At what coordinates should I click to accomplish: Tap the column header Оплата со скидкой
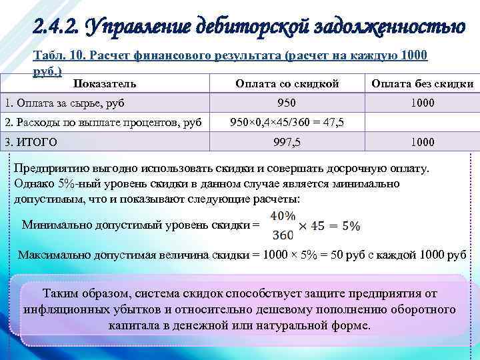[x=288, y=83]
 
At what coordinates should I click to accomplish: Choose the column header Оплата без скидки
[x=422, y=83]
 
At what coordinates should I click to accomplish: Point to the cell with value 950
[x=288, y=103]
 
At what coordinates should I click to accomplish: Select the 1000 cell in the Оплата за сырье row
[x=422, y=103]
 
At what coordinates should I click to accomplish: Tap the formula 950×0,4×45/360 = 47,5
[x=287, y=122]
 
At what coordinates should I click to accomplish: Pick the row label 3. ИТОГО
[x=31, y=141]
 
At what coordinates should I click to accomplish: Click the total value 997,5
[x=287, y=141]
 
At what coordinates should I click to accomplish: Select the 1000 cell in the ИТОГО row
[x=422, y=141]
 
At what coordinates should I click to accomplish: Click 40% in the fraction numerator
[x=283, y=215]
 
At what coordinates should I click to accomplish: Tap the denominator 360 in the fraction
[x=283, y=235]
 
